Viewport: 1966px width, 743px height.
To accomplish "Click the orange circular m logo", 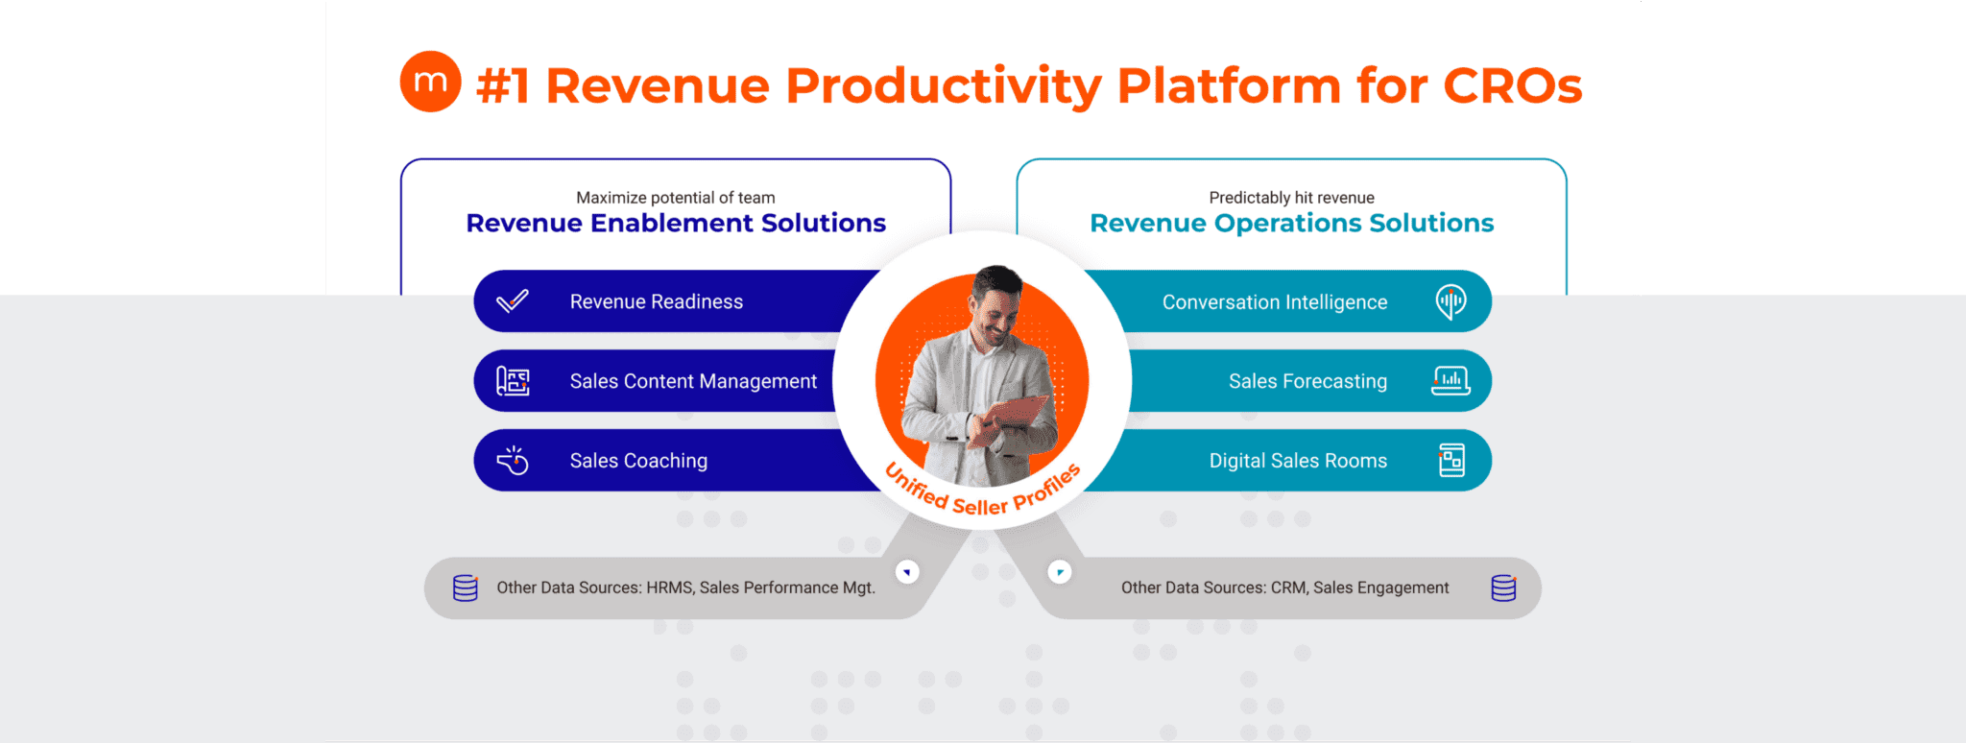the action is point(430,82).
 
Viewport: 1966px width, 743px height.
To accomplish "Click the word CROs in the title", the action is point(1512,85).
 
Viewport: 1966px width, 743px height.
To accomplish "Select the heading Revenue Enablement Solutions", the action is point(676,223).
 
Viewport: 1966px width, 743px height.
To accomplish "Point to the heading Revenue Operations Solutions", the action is point(1292,223).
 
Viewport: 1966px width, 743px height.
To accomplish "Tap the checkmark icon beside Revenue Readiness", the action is point(513,301).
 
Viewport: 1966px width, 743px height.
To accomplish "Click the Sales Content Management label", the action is point(693,381).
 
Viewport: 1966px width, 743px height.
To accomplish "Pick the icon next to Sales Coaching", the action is point(513,461).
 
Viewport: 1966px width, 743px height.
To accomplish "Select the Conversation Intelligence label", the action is point(1275,302).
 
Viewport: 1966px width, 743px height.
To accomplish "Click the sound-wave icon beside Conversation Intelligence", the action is point(1451,301).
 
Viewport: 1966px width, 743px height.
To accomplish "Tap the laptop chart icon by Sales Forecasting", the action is point(1451,381).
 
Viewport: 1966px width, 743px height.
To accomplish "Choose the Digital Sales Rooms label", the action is point(1298,461).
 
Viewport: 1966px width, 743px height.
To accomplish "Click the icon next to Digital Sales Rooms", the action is point(1451,461).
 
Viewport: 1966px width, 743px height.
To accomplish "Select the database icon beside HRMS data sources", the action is point(466,587).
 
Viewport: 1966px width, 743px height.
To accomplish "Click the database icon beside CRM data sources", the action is point(1504,587).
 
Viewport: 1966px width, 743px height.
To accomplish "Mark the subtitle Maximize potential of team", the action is point(676,198).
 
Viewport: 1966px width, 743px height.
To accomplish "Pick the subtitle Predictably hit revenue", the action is point(1292,198).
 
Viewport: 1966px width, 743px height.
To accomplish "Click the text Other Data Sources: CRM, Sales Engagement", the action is point(1285,587).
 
